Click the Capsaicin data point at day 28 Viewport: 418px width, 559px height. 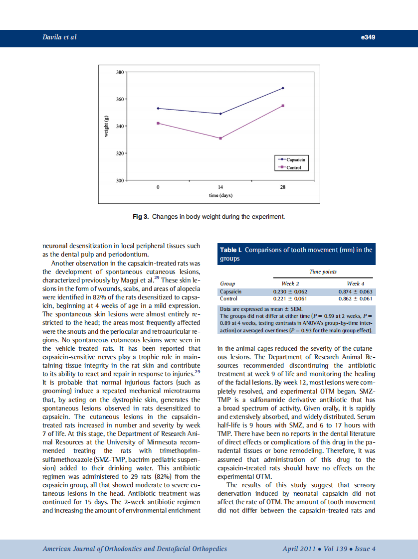coord(283,88)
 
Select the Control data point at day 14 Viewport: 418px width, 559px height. coord(220,138)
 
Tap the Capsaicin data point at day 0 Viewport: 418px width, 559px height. coord(158,108)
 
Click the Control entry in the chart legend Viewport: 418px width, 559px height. coord(294,167)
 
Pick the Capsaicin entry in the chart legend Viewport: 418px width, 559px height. coord(294,159)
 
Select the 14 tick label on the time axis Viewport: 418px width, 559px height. coord(220,187)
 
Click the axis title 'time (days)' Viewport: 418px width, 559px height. coord(220,195)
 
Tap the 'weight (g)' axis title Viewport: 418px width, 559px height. coord(106,126)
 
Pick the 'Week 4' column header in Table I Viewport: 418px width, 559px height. coord(355,283)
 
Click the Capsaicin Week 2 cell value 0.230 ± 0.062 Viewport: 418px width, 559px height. coord(290,291)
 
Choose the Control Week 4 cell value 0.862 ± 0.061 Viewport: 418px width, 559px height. coord(355,298)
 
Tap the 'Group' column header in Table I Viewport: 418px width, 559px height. coord(227,283)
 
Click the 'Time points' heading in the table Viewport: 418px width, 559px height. coord(323,272)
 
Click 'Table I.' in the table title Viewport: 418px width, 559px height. coord(231,250)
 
